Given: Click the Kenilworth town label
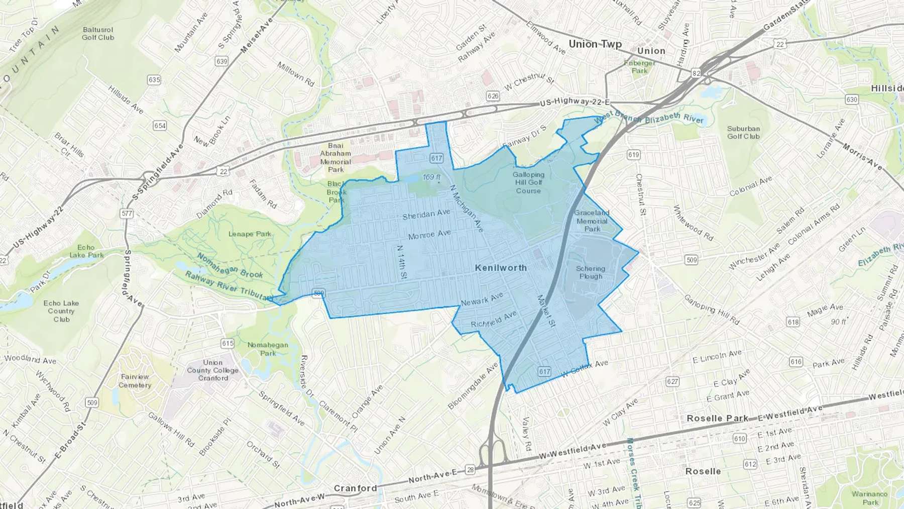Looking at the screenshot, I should (501, 268).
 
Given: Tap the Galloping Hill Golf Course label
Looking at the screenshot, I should (528, 182).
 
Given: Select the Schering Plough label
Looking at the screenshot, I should (591, 272).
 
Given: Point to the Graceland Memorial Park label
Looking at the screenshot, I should (592, 221).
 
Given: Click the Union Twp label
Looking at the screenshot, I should (595, 44).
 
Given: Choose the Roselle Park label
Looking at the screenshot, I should (717, 418).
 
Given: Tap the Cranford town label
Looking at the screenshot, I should (355, 488).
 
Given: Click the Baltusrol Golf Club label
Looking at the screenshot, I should (98, 34).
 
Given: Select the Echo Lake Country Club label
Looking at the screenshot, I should (61, 311).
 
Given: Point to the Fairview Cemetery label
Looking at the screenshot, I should (135, 381).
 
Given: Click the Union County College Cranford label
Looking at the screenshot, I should (213, 370).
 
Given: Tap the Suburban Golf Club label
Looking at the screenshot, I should (743, 133).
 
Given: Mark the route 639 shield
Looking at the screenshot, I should (221, 61).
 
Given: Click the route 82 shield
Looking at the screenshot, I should (696, 73).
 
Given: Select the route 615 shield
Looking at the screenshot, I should (228, 344).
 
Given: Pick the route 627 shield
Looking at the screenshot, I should (672, 381).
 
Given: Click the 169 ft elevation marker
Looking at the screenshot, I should (431, 177).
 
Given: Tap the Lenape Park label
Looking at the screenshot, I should (250, 234).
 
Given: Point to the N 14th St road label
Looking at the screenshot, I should (401, 262).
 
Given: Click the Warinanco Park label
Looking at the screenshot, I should (870, 498).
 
